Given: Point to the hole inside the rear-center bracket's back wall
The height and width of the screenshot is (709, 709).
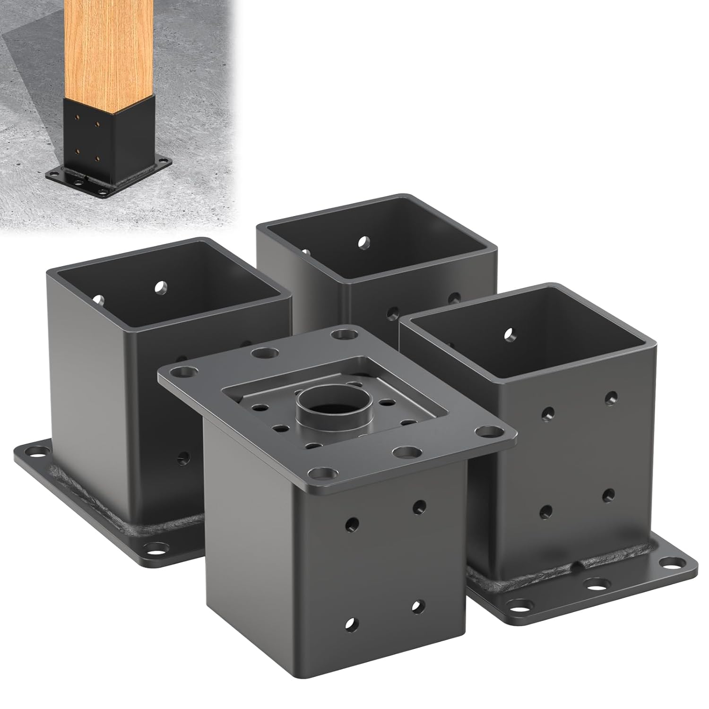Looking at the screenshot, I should coord(363,242).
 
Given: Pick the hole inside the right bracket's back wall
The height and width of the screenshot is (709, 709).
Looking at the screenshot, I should coord(509,335).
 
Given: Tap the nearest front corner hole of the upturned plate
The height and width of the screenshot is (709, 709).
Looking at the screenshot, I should coord(322,473).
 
